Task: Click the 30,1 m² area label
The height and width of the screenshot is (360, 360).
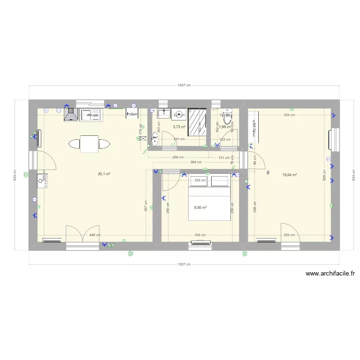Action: click(x=104, y=174)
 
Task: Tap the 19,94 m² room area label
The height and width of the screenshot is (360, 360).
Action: click(x=289, y=175)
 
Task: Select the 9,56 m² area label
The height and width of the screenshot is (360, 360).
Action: click(x=200, y=208)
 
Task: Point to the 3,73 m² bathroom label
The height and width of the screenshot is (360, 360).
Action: click(x=179, y=127)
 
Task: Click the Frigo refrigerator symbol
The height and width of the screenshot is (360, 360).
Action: click(x=132, y=113)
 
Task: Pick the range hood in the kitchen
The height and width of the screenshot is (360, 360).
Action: click(x=71, y=114)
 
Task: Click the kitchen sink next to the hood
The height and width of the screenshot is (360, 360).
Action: click(x=90, y=114)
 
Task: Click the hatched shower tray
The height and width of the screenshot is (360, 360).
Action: click(x=197, y=122)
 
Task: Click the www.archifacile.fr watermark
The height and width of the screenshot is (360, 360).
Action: click(x=330, y=274)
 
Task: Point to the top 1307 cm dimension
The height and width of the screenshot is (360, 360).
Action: click(x=184, y=85)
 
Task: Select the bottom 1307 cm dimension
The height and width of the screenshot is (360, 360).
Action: click(x=184, y=264)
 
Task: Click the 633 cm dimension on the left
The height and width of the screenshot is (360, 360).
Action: click(x=15, y=175)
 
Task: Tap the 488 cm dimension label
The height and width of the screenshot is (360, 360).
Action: click(x=95, y=235)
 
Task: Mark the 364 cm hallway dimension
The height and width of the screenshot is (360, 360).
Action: click(x=196, y=162)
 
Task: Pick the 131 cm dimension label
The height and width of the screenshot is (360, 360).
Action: click(x=224, y=157)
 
